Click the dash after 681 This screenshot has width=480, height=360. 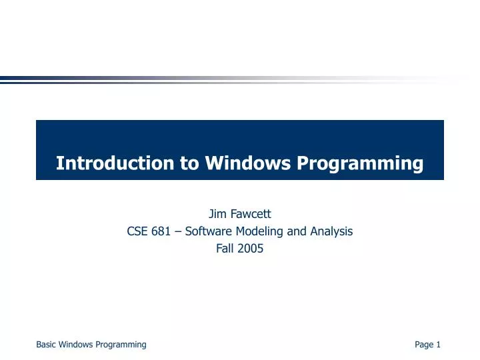[x=179, y=231]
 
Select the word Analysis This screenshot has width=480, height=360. [x=331, y=231]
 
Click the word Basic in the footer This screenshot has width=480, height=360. [x=46, y=345]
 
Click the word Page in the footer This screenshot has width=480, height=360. [x=423, y=345]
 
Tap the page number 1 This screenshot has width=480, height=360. [x=439, y=345]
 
